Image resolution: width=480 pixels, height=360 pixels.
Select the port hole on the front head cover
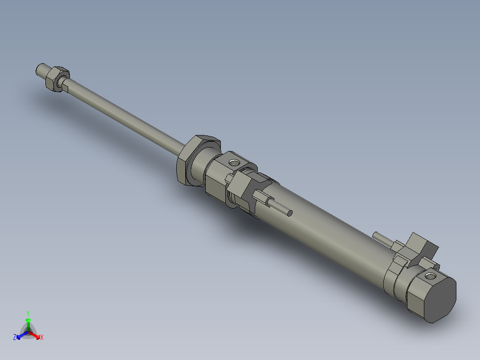(233, 161)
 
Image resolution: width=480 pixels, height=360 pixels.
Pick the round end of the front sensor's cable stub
(289, 213)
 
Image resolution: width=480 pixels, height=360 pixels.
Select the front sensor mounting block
(248, 187)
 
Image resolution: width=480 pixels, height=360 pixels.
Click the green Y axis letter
(28, 313)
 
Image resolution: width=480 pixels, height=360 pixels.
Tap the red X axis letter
(42, 338)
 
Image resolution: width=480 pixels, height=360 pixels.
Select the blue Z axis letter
(15, 337)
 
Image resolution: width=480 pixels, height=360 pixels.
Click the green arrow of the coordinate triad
(28, 323)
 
